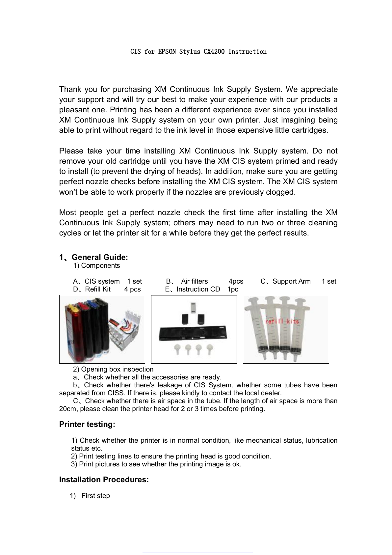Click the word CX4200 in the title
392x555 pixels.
tap(214, 52)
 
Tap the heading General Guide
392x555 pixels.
tap(99, 257)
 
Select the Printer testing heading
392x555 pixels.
tap(87, 424)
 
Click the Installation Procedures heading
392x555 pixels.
tap(104, 480)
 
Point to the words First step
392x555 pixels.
tap(95, 496)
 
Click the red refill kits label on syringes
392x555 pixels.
tap(282, 321)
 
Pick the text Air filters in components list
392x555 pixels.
tap(194, 281)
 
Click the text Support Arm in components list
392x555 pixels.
tap(291, 281)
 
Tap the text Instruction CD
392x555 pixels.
tap(198, 289)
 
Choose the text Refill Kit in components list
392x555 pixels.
tap(98, 289)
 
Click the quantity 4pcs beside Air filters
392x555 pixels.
tap(236, 281)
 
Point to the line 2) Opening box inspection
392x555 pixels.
tap(113, 369)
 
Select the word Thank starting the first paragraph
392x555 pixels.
tap(70, 89)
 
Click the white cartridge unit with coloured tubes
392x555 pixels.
tap(127, 329)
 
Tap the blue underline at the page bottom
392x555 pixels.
tap(197, 552)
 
